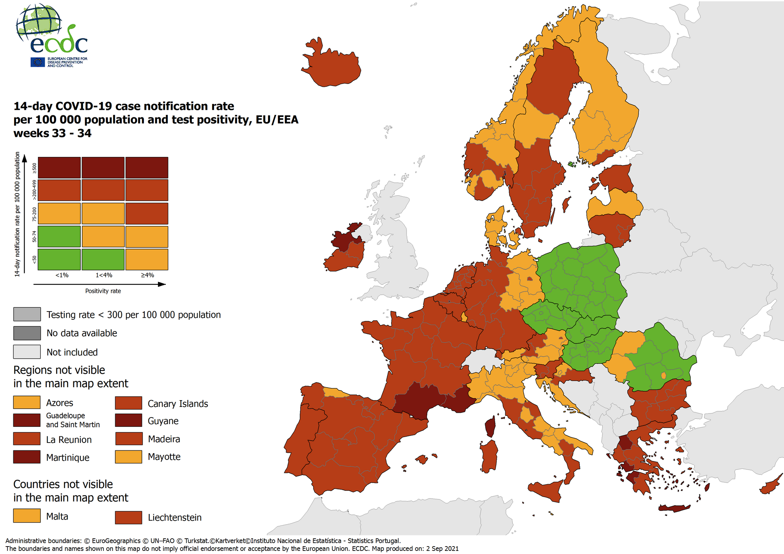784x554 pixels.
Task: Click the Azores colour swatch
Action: pos(27,402)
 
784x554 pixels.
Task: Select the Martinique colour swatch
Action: pos(27,457)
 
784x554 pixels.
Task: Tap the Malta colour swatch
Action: pos(27,516)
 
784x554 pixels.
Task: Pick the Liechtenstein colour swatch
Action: pos(129,517)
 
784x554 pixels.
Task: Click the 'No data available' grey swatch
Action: pos(27,333)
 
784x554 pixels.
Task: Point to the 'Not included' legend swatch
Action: pos(27,352)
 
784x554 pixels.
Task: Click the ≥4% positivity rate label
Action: pos(147,275)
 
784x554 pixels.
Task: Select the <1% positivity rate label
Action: pos(62,275)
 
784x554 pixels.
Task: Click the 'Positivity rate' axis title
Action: pos(103,291)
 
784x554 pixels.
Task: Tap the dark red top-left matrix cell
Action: pos(59,168)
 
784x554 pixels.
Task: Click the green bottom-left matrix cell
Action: pos(59,259)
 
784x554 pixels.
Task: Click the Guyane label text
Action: pos(163,421)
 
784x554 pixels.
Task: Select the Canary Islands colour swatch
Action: pos(129,403)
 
